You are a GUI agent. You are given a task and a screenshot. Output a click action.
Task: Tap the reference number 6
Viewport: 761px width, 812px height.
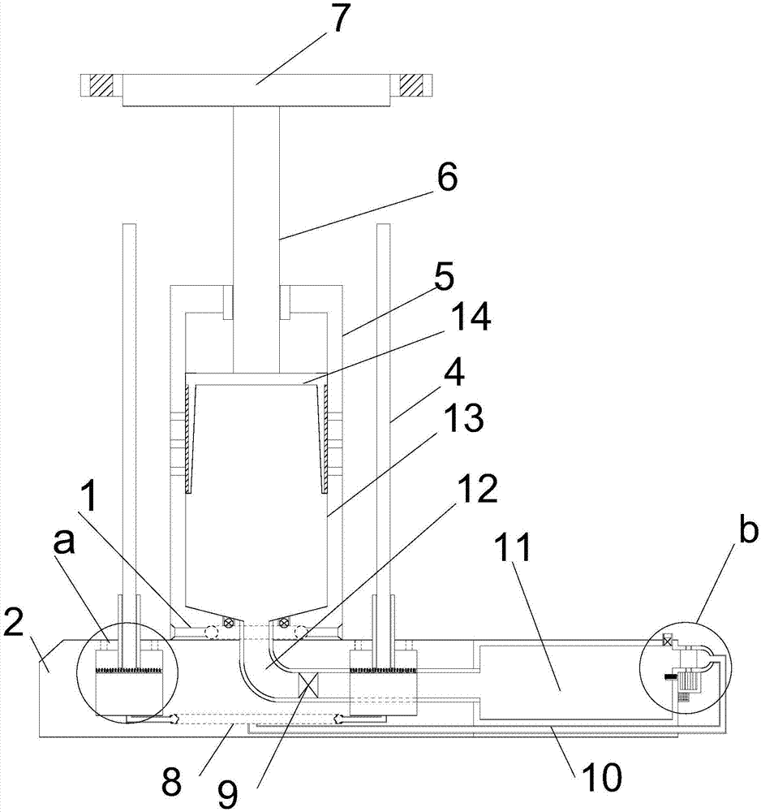[447, 177]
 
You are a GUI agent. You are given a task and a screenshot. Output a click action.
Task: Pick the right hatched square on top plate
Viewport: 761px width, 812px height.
[411, 84]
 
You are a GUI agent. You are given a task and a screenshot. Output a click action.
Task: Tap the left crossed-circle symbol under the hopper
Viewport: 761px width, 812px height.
[230, 623]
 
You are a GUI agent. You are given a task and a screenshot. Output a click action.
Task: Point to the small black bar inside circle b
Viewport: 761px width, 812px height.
[671, 675]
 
